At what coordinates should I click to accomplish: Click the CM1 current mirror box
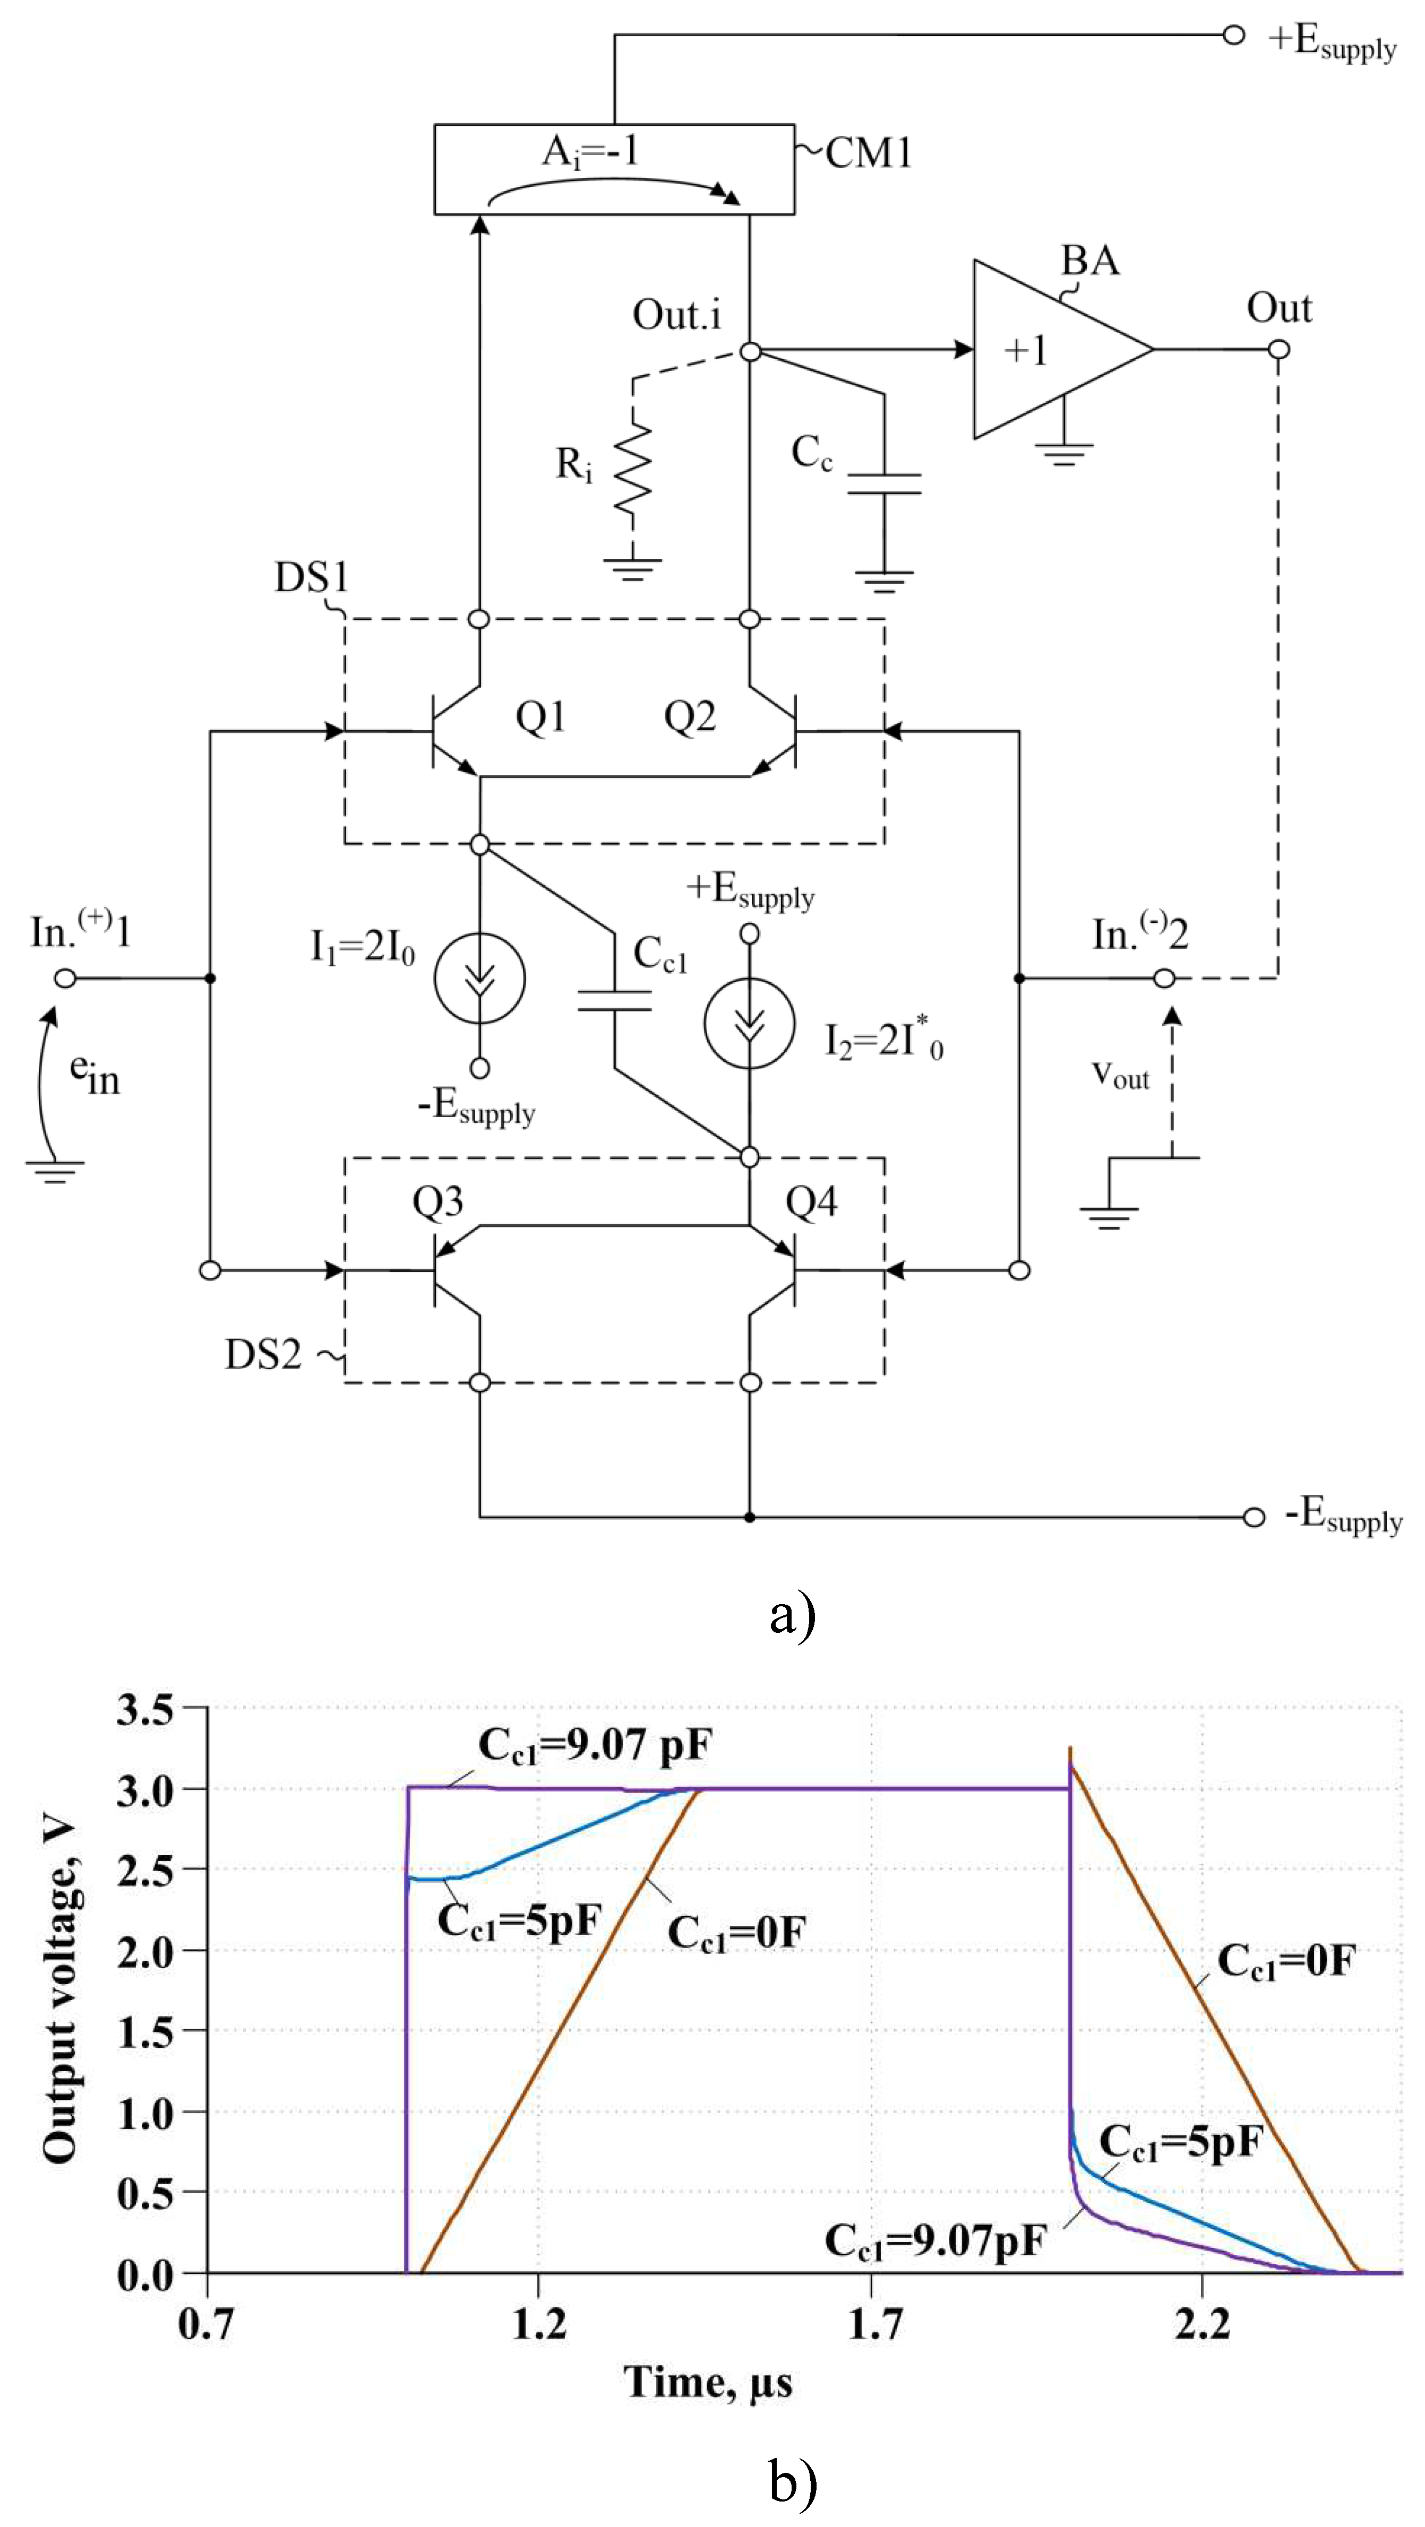click(614, 169)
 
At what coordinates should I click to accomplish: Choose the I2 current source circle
click(749, 1023)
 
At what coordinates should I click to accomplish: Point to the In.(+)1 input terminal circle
click(66, 978)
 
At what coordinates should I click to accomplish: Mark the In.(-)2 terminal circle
click(1164, 978)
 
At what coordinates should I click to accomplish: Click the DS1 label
click(311, 577)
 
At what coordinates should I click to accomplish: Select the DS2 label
click(263, 1355)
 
